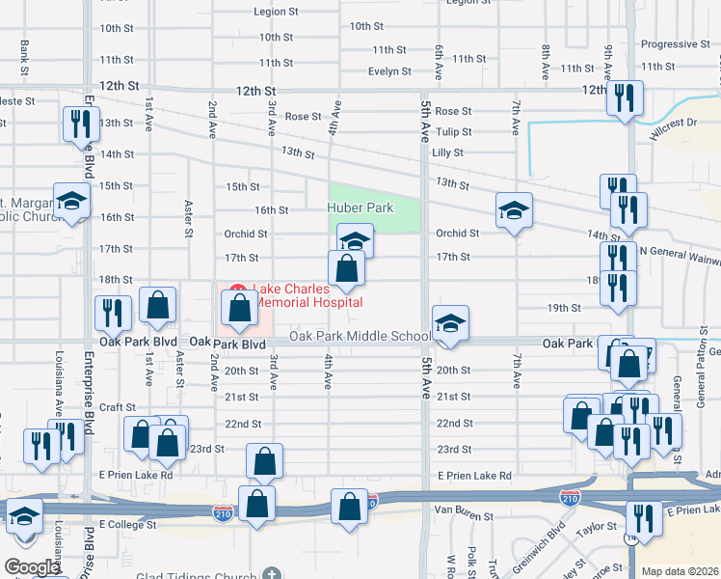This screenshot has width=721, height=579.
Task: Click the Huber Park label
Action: (360, 207)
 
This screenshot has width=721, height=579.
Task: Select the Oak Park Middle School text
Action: (360, 336)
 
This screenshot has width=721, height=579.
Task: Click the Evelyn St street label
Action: (389, 71)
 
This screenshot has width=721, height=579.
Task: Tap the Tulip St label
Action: (454, 132)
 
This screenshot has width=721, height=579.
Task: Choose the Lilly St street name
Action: (448, 152)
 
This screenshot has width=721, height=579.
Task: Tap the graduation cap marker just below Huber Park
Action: (355, 239)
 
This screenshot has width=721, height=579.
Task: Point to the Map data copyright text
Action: (680, 570)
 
